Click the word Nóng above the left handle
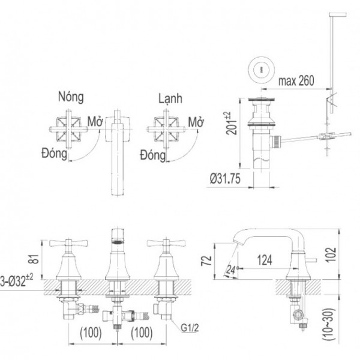pos(71,97)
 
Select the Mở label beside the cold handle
pos(194,122)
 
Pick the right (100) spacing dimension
pos(139,332)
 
